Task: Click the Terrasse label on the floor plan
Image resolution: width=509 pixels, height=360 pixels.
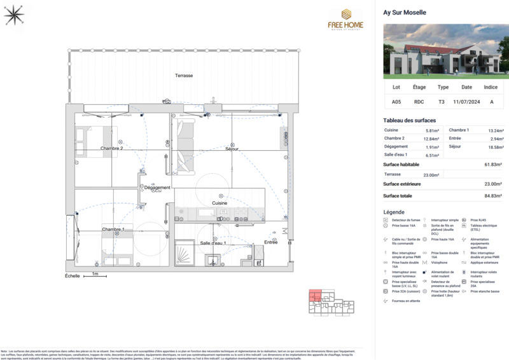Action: pyautogui.click(x=185, y=76)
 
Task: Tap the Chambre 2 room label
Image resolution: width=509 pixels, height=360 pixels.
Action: pyautogui.click(x=111, y=148)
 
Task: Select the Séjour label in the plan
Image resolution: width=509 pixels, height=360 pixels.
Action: pyautogui.click(x=232, y=149)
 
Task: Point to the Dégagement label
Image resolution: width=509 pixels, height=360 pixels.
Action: pyautogui.click(x=157, y=188)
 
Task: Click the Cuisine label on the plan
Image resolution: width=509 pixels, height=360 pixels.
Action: pyautogui.click(x=220, y=203)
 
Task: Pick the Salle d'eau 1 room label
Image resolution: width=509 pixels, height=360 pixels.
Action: pyautogui.click(x=213, y=243)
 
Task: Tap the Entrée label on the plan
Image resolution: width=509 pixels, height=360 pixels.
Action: pyautogui.click(x=271, y=242)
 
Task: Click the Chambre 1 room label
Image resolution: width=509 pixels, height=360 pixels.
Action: pyautogui.click(x=113, y=229)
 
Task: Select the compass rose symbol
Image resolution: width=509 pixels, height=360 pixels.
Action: pyautogui.click(x=13, y=14)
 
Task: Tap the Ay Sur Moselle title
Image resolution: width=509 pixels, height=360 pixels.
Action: pyautogui.click(x=405, y=12)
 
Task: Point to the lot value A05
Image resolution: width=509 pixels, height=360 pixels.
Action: pyautogui.click(x=396, y=101)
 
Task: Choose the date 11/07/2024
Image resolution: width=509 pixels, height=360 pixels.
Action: pyautogui.click(x=467, y=101)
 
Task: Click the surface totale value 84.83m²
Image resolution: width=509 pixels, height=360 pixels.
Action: pyautogui.click(x=492, y=196)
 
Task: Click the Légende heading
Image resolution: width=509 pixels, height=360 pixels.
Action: pyautogui.click(x=394, y=212)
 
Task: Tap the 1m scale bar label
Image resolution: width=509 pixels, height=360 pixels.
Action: pyautogui.click(x=95, y=274)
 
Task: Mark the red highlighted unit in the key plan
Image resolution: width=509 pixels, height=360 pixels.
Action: pyautogui.click(x=316, y=295)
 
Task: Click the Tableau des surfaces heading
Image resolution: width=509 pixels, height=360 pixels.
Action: pyautogui.click(x=409, y=120)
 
